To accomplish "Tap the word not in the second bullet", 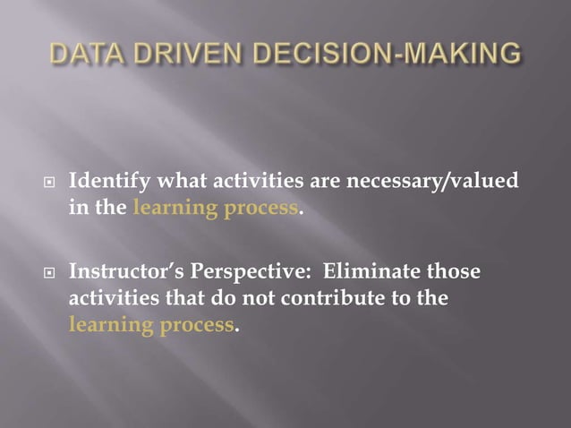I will click(x=247, y=297).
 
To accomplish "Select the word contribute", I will click(x=328, y=297).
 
